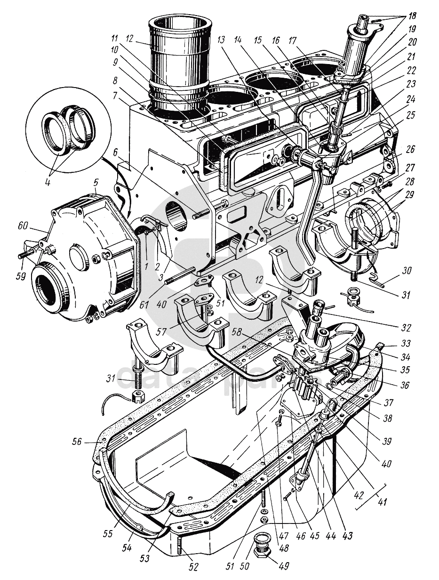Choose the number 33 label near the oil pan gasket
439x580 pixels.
[x=403, y=343]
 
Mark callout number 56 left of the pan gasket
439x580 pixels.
[x=77, y=442]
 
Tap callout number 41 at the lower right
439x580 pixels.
[x=382, y=502]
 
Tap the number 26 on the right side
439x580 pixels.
[x=410, y=150]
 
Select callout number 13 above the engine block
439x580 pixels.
[x=222, y=40]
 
